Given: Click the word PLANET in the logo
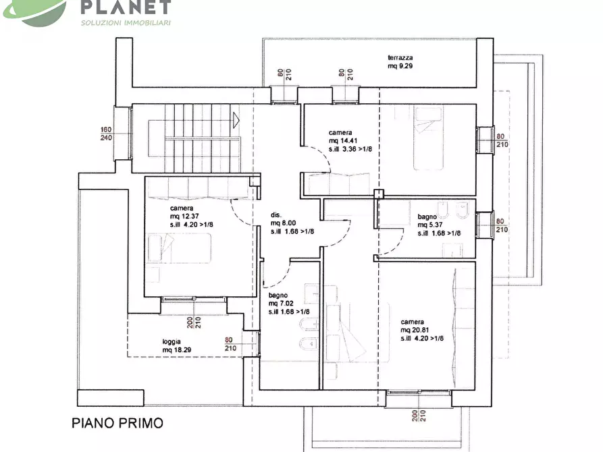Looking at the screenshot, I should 126,7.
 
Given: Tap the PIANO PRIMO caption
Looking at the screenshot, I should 117,424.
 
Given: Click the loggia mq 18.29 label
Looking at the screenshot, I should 176,345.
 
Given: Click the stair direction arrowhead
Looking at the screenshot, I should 236,121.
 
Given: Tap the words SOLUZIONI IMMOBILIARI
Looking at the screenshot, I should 126,23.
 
